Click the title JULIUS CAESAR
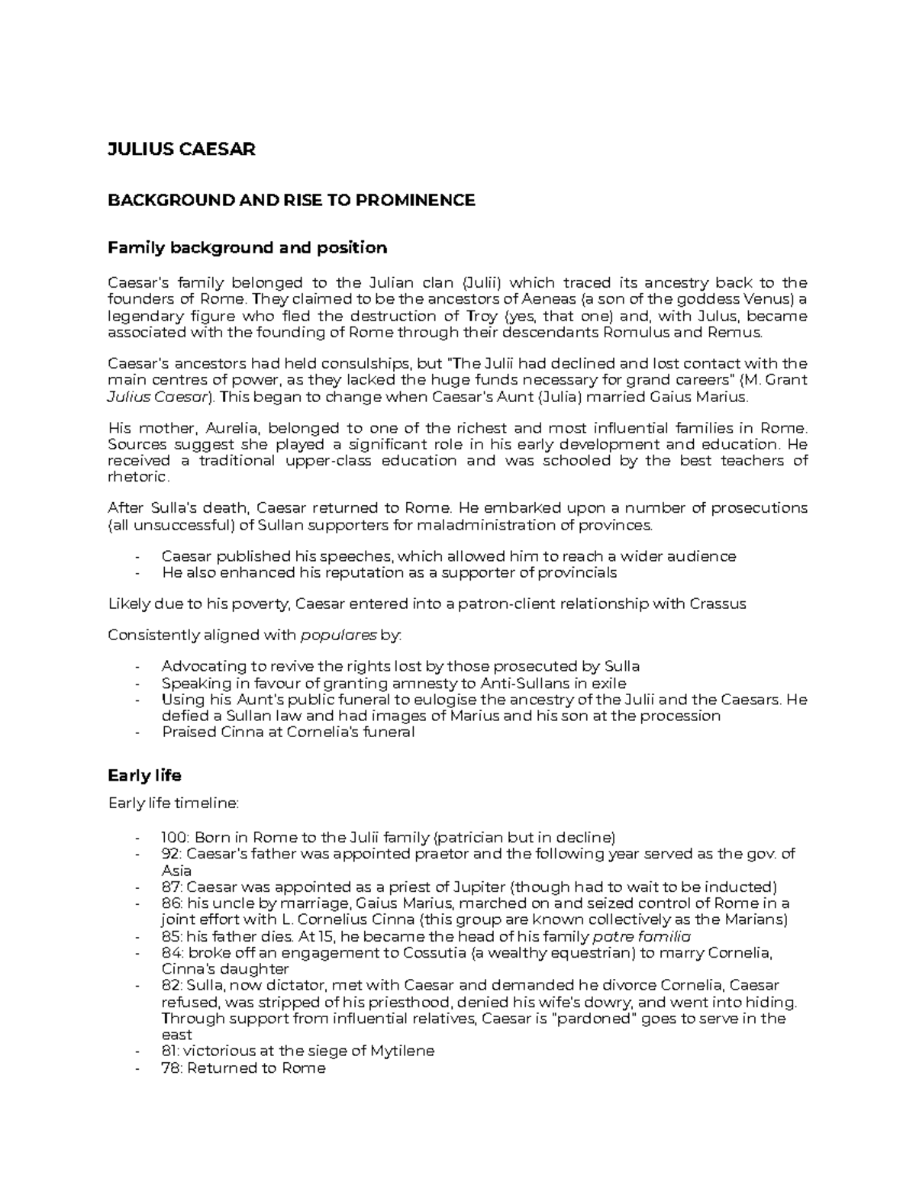click(181, 150)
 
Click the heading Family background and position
click(247, 248)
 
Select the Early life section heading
click(144, 776)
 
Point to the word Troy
click(480, 316)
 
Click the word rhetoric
click(137, 477)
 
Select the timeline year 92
click(170, 854)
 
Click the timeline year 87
click(170, 887)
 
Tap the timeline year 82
click(170, 986)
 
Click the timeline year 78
click(170, 1068)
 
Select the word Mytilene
click(402, 1051)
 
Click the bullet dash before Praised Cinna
click(137, 733)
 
